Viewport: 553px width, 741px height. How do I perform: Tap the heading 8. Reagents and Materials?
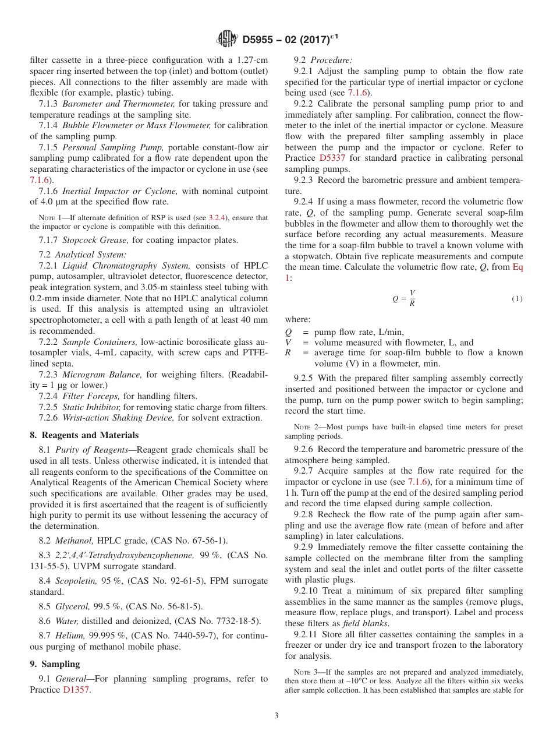pyautogui.click(x=84, y=435)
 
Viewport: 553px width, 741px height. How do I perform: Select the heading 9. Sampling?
pyautogui.click(x=55, y=664)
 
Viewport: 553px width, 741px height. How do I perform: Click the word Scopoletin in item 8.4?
pyautogui.click(x=74, y=581)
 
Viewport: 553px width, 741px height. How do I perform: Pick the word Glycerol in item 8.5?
pyautogui.click(x=71, y=606)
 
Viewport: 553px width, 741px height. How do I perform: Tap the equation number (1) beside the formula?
pyautogui.click(x=517, y=299)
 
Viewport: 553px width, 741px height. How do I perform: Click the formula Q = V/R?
pyautogui.click(x=403, y=298)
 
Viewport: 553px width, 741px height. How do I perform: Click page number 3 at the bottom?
pyautogui.click(x=276, y=716)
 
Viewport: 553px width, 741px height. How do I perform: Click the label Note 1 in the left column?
pyautogui.click(x=51, y=218)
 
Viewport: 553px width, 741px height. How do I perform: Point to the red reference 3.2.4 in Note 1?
pyautogui.click(x=218, y=218)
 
